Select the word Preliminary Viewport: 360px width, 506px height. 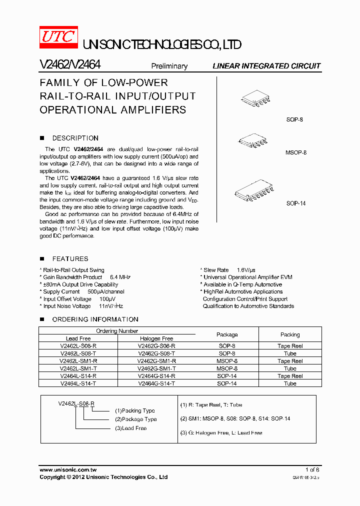(169, 66)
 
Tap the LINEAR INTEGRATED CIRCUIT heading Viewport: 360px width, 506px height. (266, 66)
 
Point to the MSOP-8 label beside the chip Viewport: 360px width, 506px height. (296, 152)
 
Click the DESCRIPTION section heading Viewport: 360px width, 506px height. (75, 138)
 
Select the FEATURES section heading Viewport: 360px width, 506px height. (70, 258)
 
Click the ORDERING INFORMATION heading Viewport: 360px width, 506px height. (95, 319)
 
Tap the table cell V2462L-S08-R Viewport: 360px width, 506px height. (78, 346)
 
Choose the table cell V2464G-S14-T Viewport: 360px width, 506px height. (156, 383)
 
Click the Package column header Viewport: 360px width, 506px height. (227, 334)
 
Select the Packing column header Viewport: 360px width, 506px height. (290, 334)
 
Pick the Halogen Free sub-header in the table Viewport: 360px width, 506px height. (155, 338)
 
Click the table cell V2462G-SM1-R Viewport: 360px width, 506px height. (156, 361)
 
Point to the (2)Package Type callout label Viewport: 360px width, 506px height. (136, 419)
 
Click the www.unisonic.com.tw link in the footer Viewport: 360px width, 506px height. (68, 470)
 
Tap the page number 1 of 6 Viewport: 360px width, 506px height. (312, 470)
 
